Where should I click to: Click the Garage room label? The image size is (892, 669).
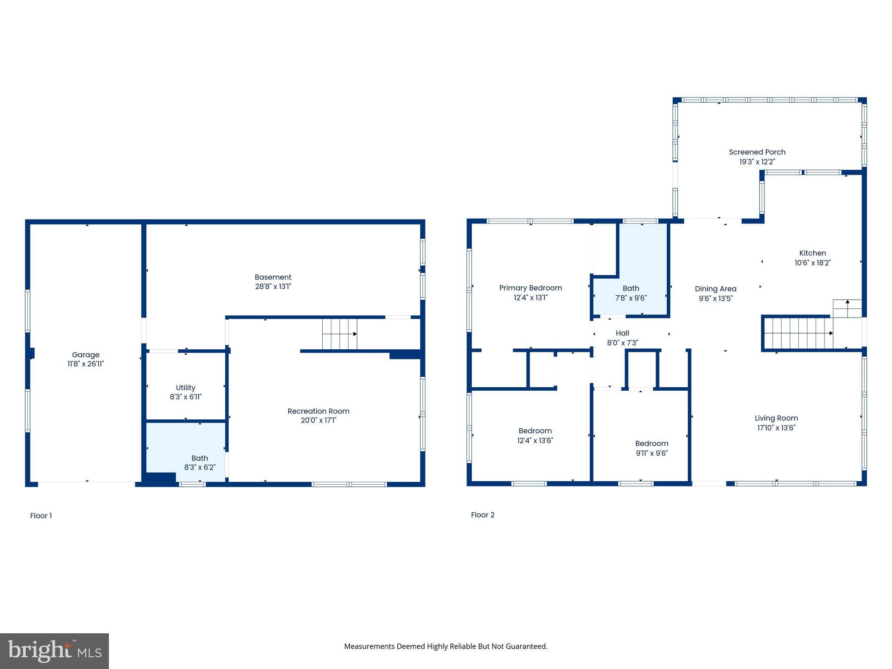86,355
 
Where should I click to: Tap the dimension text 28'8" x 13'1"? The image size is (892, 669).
273,287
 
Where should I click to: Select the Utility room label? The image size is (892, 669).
186,388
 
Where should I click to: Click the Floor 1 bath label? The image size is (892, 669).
200,458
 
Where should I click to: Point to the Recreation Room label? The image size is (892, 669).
318,411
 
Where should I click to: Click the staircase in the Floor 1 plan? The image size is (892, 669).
339,334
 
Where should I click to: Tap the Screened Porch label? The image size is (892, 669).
757,152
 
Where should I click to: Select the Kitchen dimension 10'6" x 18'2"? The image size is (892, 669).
813,263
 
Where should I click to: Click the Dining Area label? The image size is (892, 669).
716,289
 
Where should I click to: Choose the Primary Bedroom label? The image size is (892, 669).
530,288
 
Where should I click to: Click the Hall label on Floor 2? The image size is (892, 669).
622,333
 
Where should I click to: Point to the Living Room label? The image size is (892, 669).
776,418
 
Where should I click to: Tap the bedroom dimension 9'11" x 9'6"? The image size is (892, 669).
652,453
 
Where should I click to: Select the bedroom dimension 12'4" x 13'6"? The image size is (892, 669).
535,440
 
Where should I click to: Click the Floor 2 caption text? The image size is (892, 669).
483,515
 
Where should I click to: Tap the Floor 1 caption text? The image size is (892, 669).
41,516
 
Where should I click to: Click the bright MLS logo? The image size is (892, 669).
54,651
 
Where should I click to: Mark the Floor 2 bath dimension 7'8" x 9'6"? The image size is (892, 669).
631,298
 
